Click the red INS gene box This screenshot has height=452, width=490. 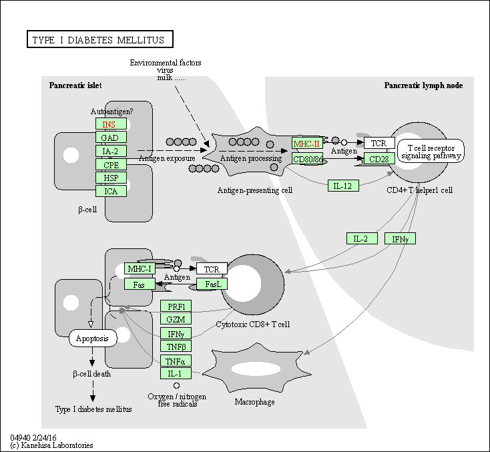pos(111,124)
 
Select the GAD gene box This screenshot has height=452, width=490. pos(111,138)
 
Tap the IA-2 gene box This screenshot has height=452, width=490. pos(111,151)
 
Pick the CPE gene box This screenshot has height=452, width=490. pos(111,164)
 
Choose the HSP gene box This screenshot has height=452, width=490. pos(111,178)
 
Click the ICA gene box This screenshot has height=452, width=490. pos(111,191)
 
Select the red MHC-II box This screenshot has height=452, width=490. pos(307,144)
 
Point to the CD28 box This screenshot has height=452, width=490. pos(379,159)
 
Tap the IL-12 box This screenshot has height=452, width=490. pos(343,186)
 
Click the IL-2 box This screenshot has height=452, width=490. pos(362,238)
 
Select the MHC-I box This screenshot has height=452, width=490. pos(140,269)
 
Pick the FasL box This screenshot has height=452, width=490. pos(212,284)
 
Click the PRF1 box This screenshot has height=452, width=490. pos(176,306)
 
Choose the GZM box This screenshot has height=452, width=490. pos(176,319)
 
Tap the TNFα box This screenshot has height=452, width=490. pos(176,361)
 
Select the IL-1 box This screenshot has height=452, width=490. pos(176,373)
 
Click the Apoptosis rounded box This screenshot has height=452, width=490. pos(93,338)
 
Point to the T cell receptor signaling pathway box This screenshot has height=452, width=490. pos(431,152)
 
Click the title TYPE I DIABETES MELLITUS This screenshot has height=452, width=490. pos(98,39)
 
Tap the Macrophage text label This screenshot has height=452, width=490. pos(254,402)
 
